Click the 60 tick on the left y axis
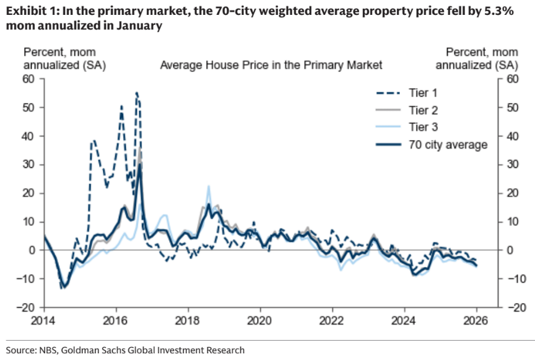(x=28, y=79)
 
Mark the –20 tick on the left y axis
(x=25, y=307)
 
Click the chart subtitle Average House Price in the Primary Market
(x=271, y=64)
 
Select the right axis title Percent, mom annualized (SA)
(x=482, y=58)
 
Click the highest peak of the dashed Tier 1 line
(x=136, y=93)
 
